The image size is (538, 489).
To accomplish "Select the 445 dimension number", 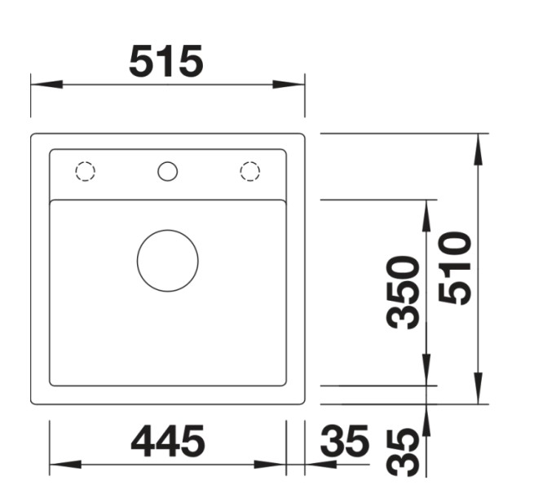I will (168, 443).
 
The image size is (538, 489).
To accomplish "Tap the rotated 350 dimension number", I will (404, 292).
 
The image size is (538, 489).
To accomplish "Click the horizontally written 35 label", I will (345, 443).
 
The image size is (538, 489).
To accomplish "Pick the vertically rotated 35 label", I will (404, 452).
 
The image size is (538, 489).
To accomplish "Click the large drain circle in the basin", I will (167, 260).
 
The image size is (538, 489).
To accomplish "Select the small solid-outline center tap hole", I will (167, 171).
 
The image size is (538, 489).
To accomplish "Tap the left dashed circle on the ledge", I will (85, 171).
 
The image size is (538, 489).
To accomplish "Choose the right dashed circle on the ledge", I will (249, 171).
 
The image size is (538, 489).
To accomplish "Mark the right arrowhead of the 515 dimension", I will (289, 84).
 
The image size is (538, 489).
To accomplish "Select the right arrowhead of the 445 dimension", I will (271, 465).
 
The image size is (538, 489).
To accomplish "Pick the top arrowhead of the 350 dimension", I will (426, 214).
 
